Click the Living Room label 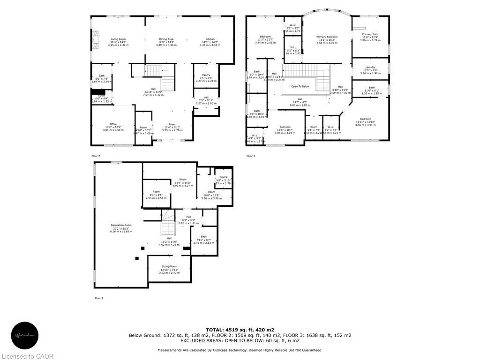click(118, 39)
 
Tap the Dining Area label click(166, 39)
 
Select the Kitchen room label click(210, 39)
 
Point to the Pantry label click(206, 75)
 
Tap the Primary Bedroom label click(327, 37)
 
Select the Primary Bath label click(370, 34)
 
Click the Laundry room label click(370, 67)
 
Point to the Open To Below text click(300, 86)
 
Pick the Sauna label click(223, 177)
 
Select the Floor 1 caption click(99, 298)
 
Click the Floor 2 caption click(95, 156)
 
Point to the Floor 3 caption click(251, 156)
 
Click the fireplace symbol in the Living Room click(96, 39)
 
